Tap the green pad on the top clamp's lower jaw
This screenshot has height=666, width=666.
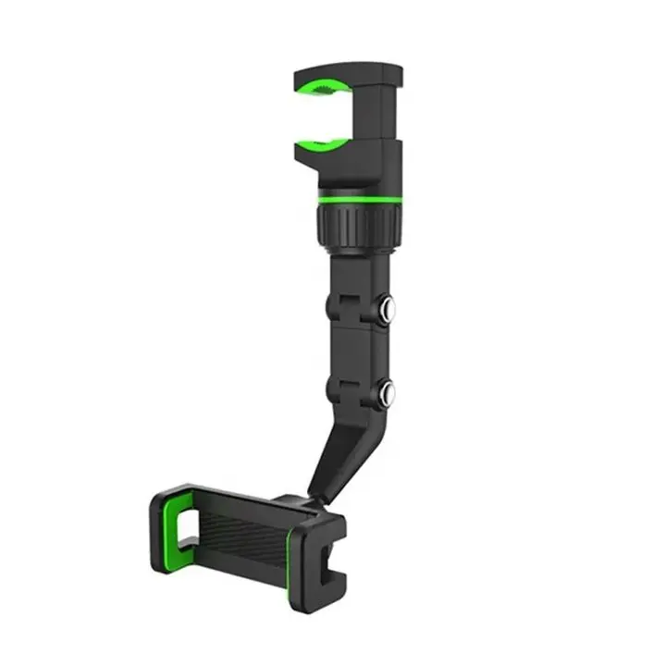click(324, 146)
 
